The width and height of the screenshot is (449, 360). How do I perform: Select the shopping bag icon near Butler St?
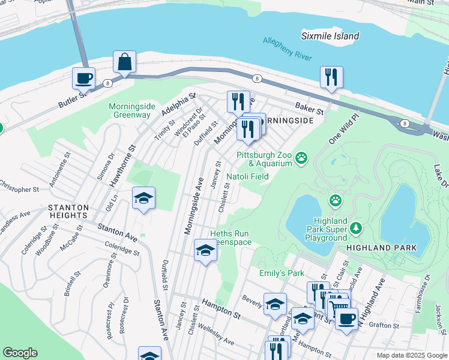click(124, 62)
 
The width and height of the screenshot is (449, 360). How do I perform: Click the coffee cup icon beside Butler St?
click(83, 78)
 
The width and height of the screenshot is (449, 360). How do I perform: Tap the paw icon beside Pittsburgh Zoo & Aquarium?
click(302, 159)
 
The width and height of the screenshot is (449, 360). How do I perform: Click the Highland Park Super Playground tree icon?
click(357, 229)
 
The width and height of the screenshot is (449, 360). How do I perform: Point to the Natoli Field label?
click(247, 176)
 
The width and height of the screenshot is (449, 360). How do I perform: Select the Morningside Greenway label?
click(132, 110)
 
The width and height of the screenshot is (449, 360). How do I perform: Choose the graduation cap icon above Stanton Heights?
click(143, 198)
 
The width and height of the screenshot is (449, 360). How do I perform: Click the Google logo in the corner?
click(20, 353)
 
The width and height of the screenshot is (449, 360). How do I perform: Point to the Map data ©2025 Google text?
click(412, 355)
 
